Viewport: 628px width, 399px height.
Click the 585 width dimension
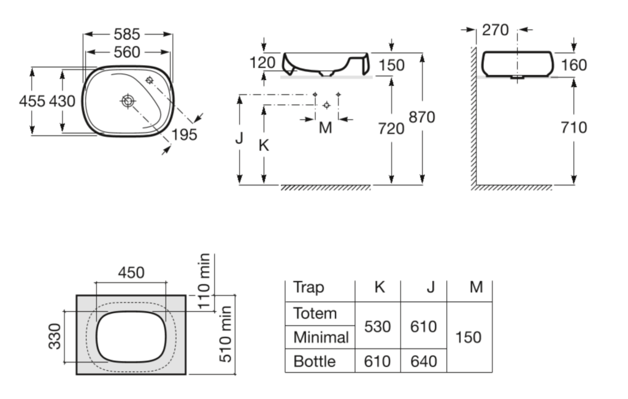pyautogui.click(x=127, y=34)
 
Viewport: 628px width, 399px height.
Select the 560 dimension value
pyautogui.click(x=127, y=52)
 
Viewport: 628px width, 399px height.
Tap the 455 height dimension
pyautogui.click(x=32, y=101)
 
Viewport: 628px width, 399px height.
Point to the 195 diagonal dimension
pyautogui.click(x=184, y=134)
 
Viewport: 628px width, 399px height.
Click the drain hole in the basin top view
pyautogui.click(x=128, y=101)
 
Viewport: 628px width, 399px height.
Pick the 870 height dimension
pyautogui.click(x=422, y=117)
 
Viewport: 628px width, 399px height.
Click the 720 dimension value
pyautogui.click(x=391, y=129)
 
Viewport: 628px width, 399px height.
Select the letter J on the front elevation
pyautogui.click(x=239, y=138)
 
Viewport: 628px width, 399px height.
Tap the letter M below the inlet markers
pyautogui.click(x=325, y=128)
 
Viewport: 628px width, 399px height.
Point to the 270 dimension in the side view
pyautogui.click(x=496, y=29)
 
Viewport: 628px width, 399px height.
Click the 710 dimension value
pyautogui.click(x=574, y=128)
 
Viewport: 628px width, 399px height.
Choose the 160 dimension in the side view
pyautogui.click(x=574, y=65)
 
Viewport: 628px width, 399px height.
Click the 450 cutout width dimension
pyautogui.click(x=131, y=273)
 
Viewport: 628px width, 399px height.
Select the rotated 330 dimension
pyautogui.click(x=55, y=336)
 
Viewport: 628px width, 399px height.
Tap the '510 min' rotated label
pyautogui.click(x=226, y=334)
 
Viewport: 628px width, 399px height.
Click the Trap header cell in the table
pyautogui.click(x=308, y=287)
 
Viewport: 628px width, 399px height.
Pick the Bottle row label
pyautogui.click(x=315, y=362)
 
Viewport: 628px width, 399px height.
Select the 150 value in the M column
pyautogui.click(x=468, y=337)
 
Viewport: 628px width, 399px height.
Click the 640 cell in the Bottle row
pyautogui.click(x=424, y=362)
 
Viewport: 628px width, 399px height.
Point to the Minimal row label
pyautogui.click(x=321, y=337)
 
